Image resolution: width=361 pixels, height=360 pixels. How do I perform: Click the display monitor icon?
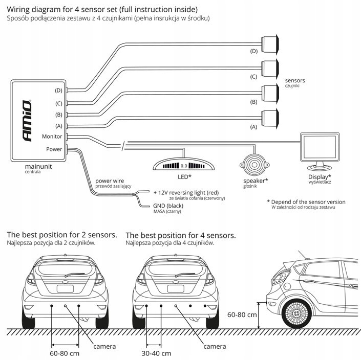pyautogui.click(x=318, y=150)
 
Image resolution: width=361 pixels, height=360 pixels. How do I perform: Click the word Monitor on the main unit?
pyautogui.click(x=52, y=137)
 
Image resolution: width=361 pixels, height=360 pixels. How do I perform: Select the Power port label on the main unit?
pyautogui.click(x=54, y=149)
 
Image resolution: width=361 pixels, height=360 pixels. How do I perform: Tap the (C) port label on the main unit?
pyautogui.click(x=58, y=103)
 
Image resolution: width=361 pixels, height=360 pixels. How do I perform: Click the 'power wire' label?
pyautogui.click(x=110, y=181)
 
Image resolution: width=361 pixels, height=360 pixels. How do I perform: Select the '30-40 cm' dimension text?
pyautogui.click(x=156, y=353)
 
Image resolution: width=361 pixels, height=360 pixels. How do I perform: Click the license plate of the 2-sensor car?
pyautogui.click(x=66, y=288)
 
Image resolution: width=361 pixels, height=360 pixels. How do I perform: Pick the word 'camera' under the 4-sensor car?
pyautogui.click(x=215, y=346)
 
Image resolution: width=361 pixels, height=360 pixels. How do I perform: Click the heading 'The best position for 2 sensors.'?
pyautogui.click(x=62, y=235)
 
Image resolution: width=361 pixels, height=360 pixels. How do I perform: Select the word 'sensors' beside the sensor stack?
pyautogui.click(x=294, y=81)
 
